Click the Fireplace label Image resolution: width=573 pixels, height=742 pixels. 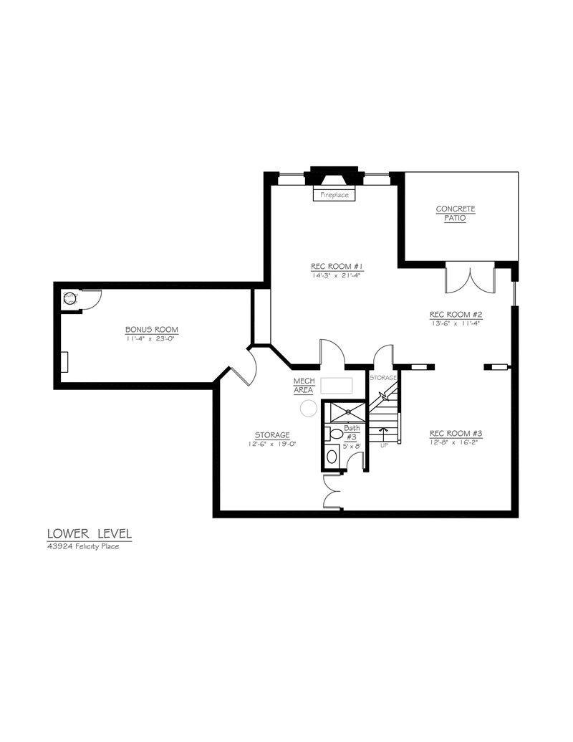(334, 195)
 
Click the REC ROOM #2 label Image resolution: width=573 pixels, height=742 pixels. (456, 314)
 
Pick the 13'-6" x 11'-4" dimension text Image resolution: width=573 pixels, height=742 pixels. (456, 323)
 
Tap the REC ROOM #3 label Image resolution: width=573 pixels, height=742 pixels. (456, 433)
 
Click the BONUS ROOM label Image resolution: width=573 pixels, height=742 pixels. (152, 329)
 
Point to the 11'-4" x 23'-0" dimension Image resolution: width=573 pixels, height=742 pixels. (152, 338)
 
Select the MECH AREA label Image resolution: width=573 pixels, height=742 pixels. (304, 386)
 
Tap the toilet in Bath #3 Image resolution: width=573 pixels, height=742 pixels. (334, 434)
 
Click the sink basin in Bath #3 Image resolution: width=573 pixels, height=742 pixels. (332, 457)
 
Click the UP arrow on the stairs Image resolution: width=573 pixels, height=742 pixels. (383, 432)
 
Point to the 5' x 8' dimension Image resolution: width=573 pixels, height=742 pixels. (351, 446)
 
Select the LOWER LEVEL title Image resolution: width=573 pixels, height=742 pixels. (90, 534)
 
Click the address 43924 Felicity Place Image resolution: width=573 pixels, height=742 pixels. (83, 546)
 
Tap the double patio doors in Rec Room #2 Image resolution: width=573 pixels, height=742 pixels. (470, 280)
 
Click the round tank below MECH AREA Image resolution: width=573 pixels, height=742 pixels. (309, 408)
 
